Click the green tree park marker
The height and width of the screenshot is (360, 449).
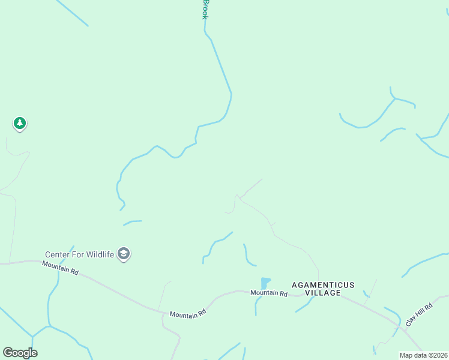coord(20,124)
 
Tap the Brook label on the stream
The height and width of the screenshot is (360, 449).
coord(205,9)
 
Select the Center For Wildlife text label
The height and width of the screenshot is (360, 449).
coord(79,254)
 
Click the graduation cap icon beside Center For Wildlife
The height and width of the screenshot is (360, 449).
coord(124,254)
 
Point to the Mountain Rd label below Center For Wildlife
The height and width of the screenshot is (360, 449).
coord(61,268)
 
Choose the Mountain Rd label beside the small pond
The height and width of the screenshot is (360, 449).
coord(269,293)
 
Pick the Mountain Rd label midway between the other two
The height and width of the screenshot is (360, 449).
coord(187,314)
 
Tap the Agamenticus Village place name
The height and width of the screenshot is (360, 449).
coord(323,289)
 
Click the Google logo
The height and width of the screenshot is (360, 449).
coord(20,353)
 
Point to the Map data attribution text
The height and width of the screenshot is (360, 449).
coord(423,355)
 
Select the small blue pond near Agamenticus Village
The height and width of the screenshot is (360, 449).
coord(265,283)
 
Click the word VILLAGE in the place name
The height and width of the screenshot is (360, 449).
coord(323,293)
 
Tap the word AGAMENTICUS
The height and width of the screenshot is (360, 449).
coord(323,284)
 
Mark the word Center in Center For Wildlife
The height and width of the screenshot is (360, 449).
coord(56,254)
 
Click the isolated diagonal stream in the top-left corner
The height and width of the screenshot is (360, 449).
coord(72,13)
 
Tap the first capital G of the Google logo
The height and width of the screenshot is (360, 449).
coord(8,352)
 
